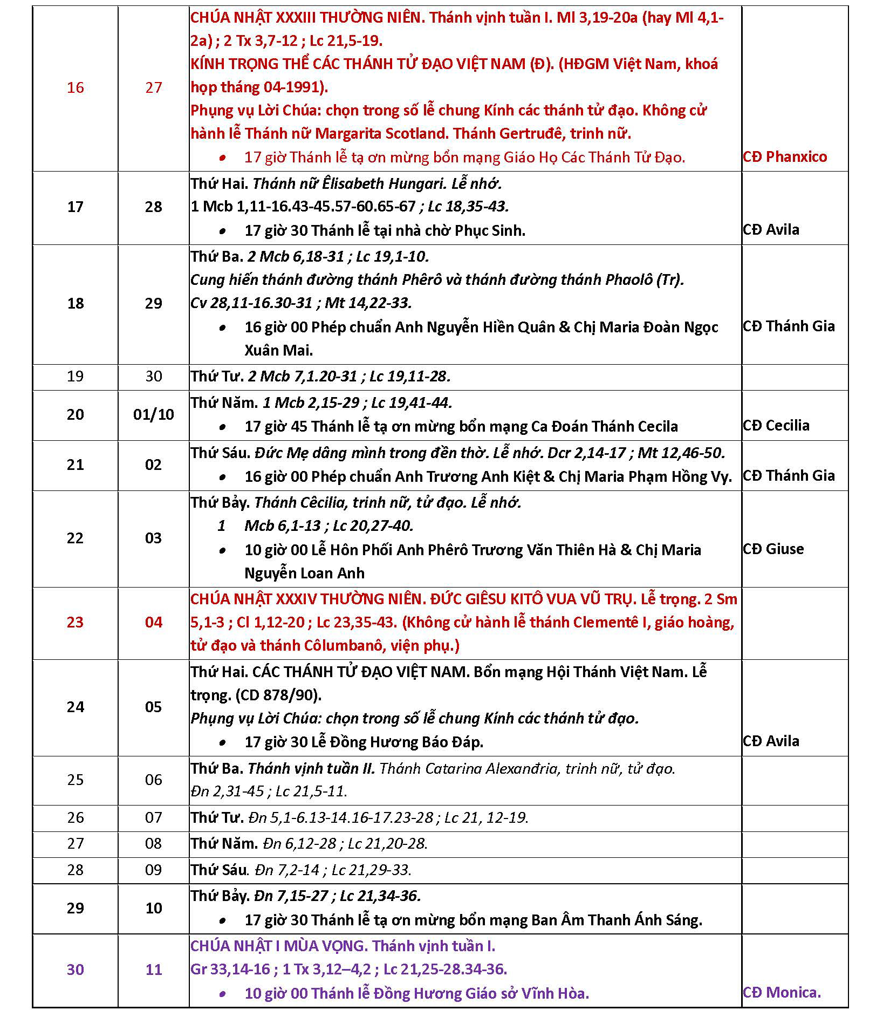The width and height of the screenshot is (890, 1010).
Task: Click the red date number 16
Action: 76,87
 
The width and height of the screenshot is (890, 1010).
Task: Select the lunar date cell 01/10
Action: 154,414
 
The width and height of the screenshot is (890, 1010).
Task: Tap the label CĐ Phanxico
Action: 785,157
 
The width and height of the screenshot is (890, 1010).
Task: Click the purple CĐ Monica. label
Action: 782,992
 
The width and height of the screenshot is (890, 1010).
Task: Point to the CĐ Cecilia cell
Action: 776,426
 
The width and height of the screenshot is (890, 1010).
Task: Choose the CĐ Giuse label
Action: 773,549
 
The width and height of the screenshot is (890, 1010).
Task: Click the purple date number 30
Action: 76,970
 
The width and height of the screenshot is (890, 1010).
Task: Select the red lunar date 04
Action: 154,622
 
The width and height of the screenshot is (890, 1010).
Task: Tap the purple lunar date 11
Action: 154,970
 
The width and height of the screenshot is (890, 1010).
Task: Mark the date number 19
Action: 76,376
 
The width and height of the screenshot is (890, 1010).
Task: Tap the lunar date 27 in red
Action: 154,87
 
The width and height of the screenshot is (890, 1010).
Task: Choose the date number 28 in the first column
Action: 76,870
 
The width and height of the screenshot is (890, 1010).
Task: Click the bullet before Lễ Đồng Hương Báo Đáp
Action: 222,742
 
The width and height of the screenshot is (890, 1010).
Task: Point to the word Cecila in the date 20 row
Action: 655,426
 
